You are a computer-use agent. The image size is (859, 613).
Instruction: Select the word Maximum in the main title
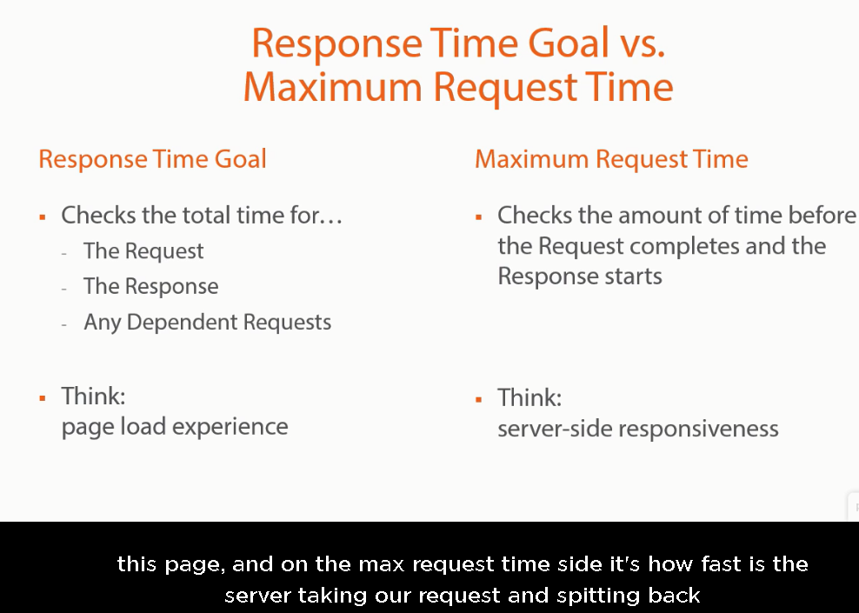332,87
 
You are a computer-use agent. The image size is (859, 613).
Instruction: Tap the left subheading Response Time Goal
152,159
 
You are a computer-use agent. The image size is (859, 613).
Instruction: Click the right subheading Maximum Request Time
611,159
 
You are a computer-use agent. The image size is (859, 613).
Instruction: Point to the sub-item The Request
143,251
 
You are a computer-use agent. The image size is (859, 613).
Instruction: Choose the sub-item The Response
150,287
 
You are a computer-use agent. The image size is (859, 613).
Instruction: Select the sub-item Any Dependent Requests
207,322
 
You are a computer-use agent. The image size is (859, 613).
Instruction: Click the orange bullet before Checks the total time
43,217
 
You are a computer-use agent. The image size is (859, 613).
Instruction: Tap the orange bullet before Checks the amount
479,217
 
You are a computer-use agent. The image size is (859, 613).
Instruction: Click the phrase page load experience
175,427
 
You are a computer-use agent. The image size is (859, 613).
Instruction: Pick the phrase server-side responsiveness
637,429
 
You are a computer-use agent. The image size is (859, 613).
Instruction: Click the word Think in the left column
93,396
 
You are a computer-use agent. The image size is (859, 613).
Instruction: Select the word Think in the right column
529,397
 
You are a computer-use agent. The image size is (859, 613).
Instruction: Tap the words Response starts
580,277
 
